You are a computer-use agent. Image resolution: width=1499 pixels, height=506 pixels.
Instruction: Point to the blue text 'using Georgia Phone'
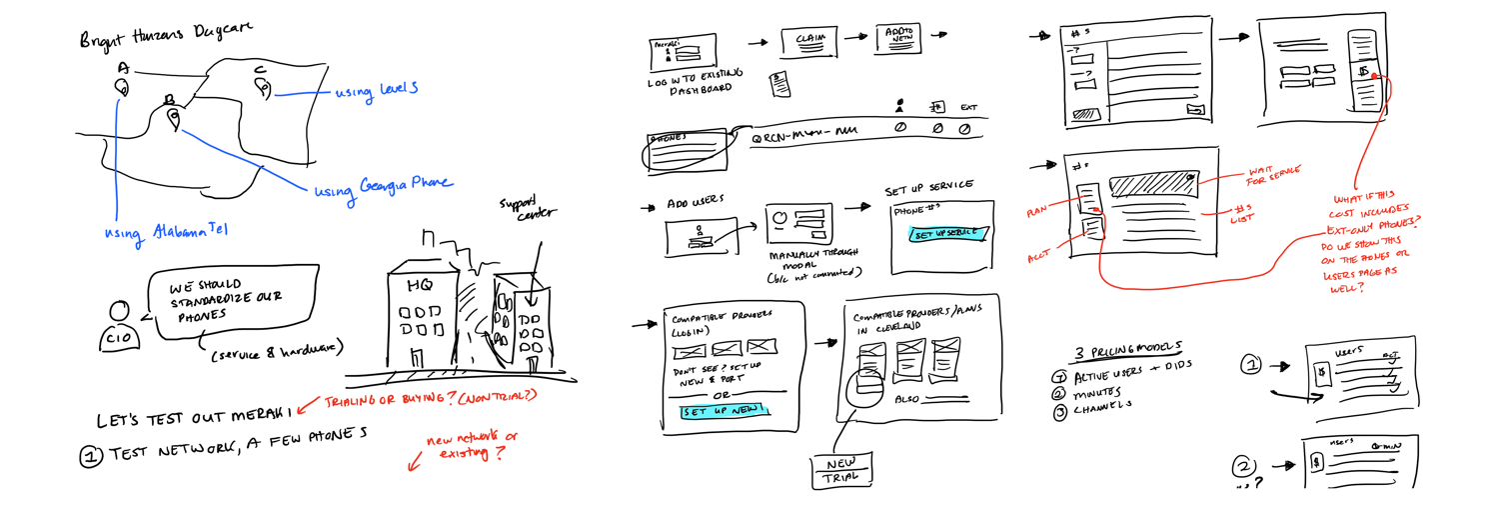pos(384,186)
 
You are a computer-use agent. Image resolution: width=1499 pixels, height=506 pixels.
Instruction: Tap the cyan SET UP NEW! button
pos(725,410)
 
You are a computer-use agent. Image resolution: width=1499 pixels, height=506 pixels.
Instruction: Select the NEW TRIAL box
pos(842,470)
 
